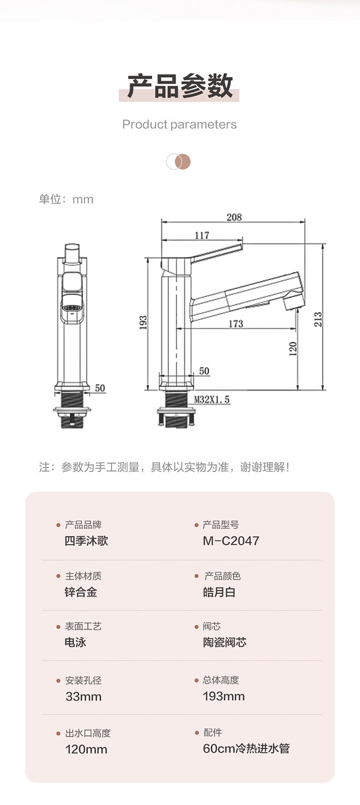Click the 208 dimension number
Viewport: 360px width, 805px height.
pos(234,217)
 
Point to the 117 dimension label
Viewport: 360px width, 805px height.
pos(202,235)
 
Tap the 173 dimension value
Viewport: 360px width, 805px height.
pos(236,324)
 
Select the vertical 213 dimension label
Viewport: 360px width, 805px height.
pos(318,319)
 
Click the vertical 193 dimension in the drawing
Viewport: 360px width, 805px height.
pos(143,323)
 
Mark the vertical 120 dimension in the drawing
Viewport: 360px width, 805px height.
pos(293,348)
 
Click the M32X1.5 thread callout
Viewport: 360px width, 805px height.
pos(212,399)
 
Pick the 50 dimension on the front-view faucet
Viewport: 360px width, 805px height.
pos(100,388)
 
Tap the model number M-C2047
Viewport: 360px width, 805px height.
pos(231,541)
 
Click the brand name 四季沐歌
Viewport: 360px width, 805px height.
pos(86,541)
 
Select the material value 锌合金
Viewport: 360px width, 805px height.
pos(81,592)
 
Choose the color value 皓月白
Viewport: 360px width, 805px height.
pos(219,592)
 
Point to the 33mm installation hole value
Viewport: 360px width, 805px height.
pos(84,697)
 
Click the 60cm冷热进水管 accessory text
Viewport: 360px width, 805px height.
pos(246,748)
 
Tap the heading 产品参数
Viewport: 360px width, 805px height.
pos(180,86)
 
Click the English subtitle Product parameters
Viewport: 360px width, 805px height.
pos(180,124)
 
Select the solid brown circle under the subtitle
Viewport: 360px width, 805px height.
pos(183,162)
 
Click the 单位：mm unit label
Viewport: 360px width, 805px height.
pos(66,199)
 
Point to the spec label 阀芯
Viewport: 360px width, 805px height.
pos(212,626)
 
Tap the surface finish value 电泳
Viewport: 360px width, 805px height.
pos(75,642)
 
